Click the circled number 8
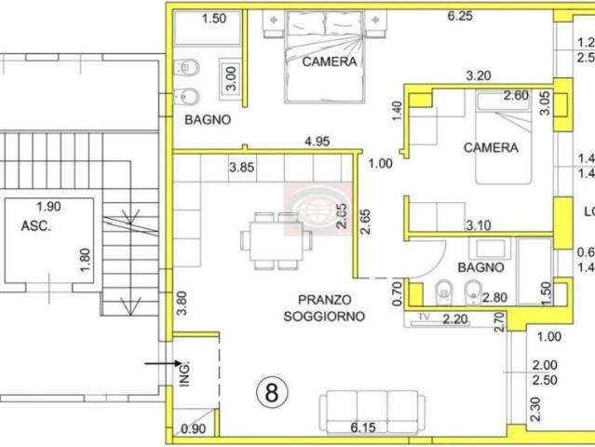pyautogui.click(x=271, y=392)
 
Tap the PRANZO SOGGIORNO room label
pyautogui.click(x=325, y=308)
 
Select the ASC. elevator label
pyautogui.click(x=36, y=225)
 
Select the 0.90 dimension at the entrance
pyautogui.click(x=194, y=428)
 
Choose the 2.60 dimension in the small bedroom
pyautogui.click(x=515, y=95)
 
